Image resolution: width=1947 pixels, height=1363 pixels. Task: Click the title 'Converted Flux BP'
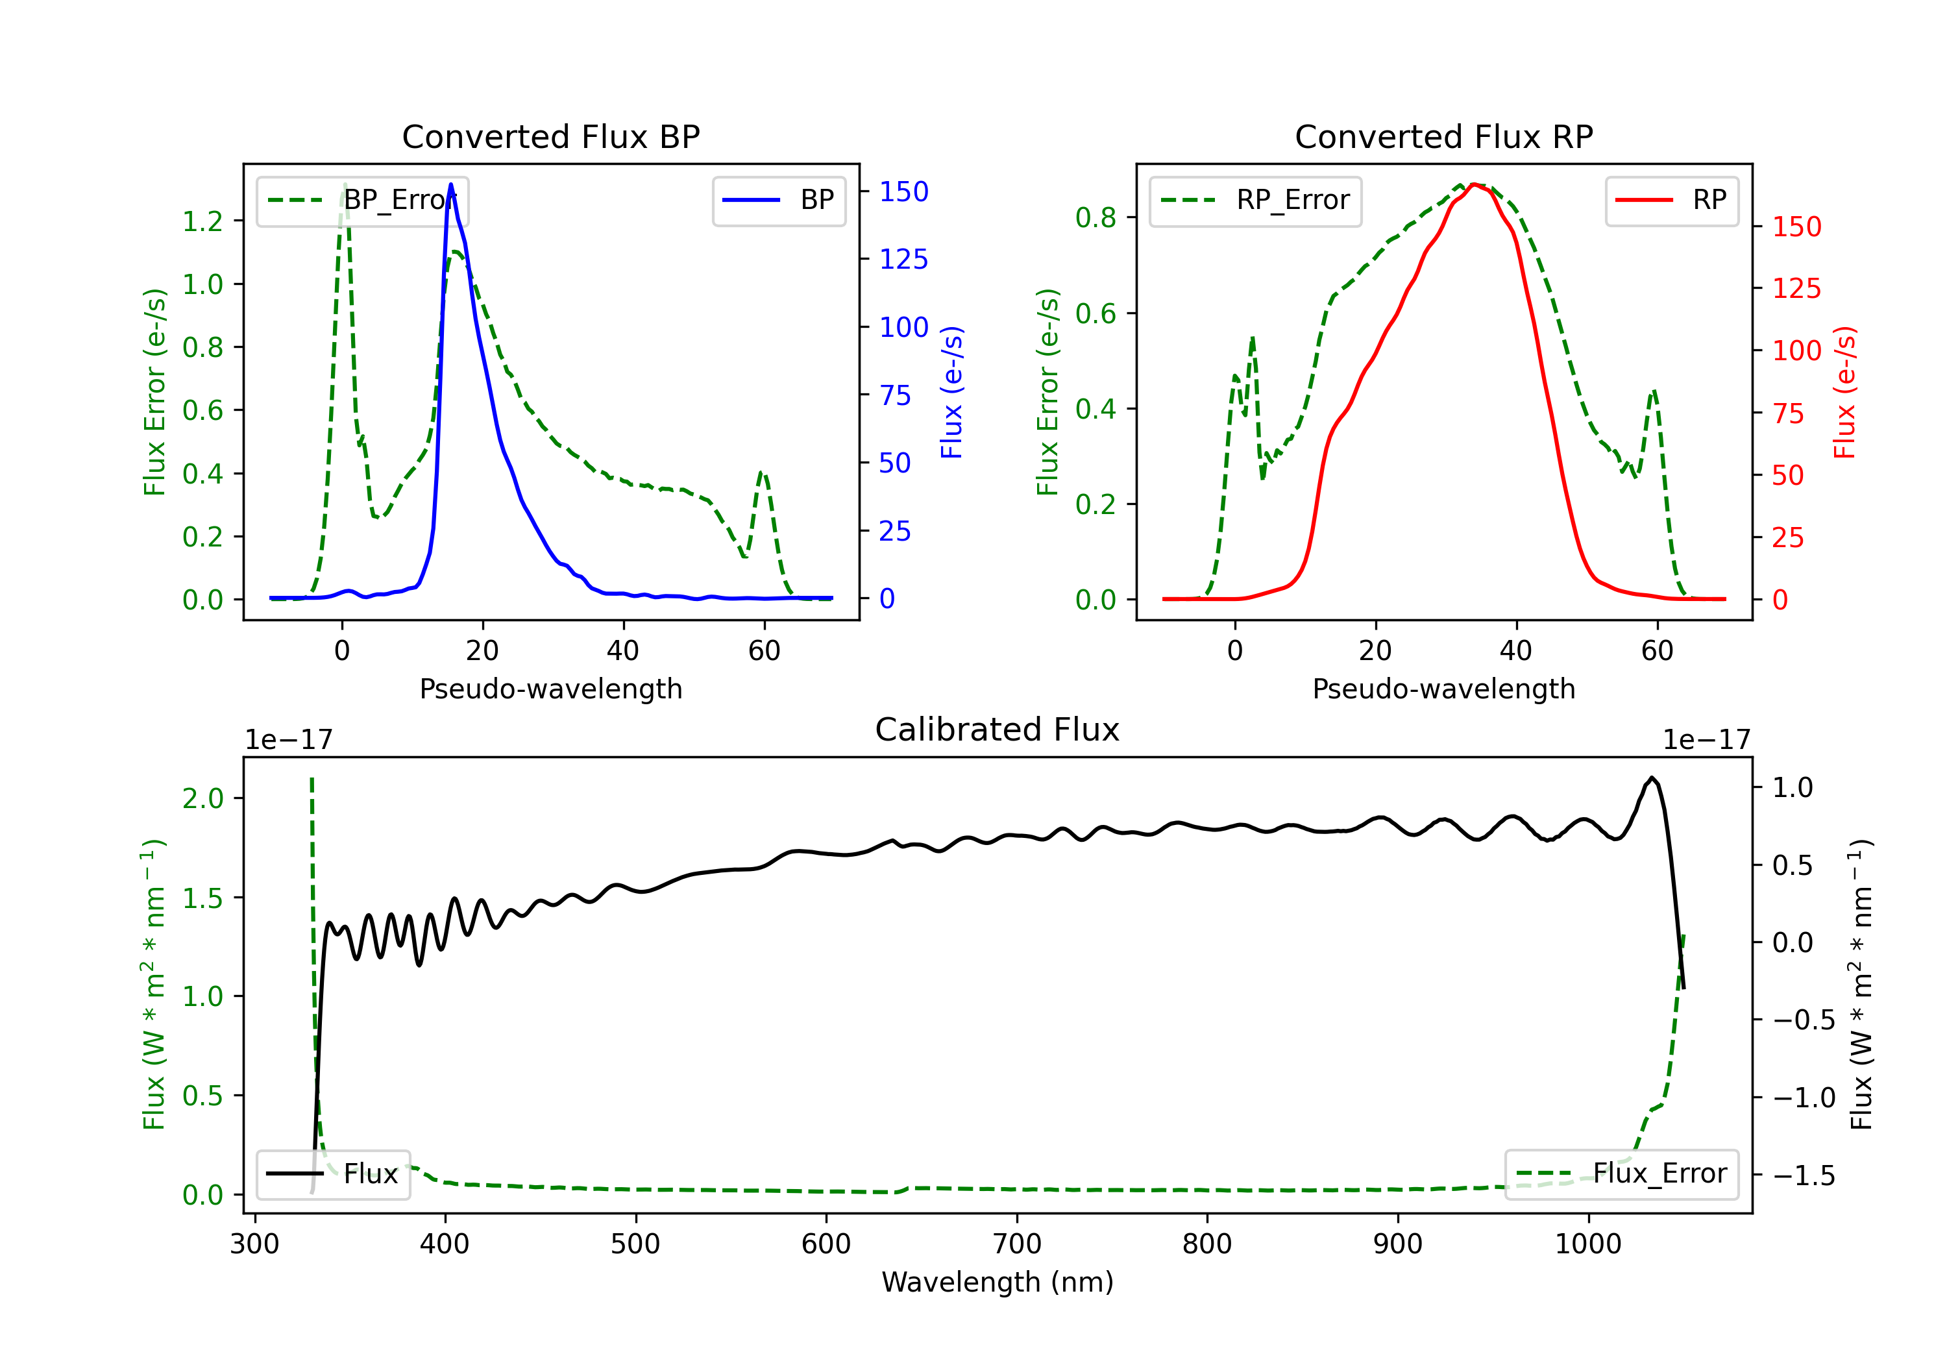(x=550, y=136)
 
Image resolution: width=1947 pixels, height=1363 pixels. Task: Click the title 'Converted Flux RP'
(x=1443, y=136)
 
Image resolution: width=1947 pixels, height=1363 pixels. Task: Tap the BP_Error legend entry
(x=362, y=200)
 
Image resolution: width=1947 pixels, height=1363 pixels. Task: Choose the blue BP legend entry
(x=778, y=200)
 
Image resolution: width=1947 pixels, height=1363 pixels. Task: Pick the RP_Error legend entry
(x=1255, y=200)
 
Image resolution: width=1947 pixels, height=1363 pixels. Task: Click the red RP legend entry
(x=1671, y=200)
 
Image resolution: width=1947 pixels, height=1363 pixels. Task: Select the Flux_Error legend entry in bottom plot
(x=1621, y=1174)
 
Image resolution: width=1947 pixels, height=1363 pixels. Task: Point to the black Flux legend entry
(x=334, y=1174)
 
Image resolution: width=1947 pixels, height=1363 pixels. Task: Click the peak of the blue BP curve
(x=450, y=184)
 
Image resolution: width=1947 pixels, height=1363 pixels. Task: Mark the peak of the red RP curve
(x=1474, y=184)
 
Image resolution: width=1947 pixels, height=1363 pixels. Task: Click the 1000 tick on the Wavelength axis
(x=1587, y=1244)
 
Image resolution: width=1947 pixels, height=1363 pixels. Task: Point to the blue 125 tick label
(x=903, y=260)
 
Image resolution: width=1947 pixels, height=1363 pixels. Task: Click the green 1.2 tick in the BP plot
(x=202, y=221)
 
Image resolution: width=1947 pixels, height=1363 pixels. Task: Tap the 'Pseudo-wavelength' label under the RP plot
(x=1443, y=689)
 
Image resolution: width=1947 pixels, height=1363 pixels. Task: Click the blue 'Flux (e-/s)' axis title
(x=951, y=392)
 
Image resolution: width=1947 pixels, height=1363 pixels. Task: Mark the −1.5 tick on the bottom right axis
(x=1803, y=1175)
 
